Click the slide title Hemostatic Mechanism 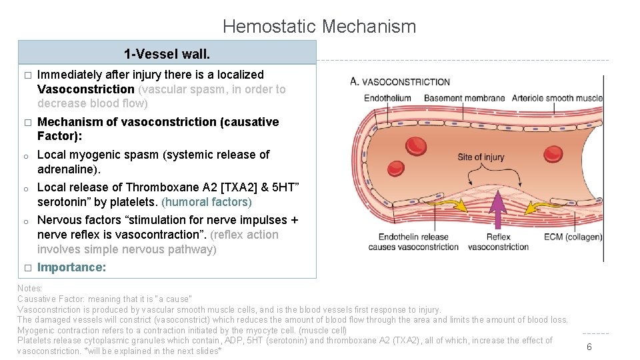point(319,27)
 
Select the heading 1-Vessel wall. point(167,53)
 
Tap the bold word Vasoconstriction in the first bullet point(86,89)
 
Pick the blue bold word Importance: point(71,267)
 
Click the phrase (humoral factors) point(207,202)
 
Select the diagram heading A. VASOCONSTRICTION point(400,82)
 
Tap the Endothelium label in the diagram point(387,98)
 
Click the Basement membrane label point(465,98)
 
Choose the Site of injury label point(481,157)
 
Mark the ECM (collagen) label point(573,237)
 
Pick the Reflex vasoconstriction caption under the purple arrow point(498,242)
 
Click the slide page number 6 point(589,347)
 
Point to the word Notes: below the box point(30,288)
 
